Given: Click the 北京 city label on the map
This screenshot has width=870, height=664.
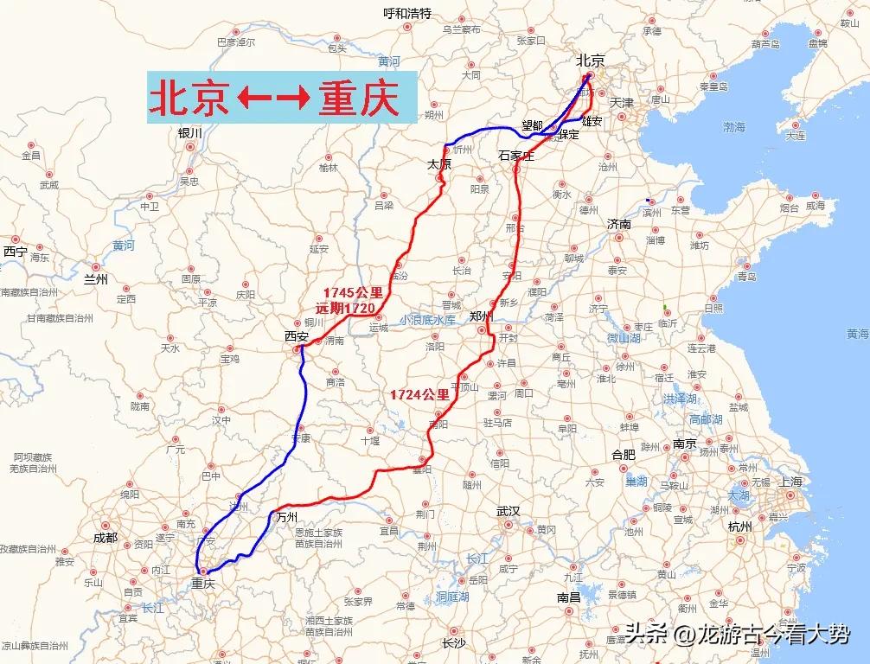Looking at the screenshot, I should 591,60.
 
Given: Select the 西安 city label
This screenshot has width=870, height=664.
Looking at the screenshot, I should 297,336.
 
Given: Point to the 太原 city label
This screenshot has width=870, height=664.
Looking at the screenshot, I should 440,163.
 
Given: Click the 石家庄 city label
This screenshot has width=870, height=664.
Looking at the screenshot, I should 517,156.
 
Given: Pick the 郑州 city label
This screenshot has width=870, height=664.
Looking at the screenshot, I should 481,316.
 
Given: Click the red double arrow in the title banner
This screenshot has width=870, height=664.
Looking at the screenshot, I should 274,99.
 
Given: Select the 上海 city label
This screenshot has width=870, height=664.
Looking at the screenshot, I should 790,482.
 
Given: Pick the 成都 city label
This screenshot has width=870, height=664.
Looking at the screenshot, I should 105,537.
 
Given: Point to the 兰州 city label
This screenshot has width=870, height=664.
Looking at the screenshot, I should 95,279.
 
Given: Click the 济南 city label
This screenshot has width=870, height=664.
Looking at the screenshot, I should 619,224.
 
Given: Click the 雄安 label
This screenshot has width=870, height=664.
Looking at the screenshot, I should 592,121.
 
